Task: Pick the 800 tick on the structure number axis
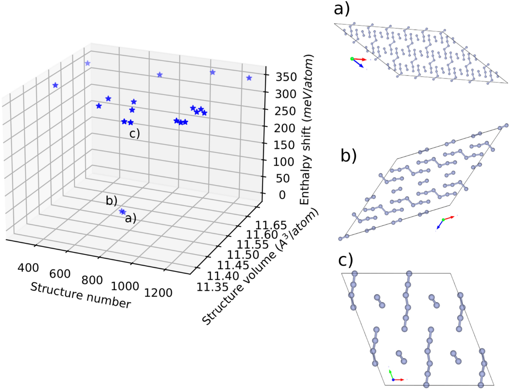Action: click(92, 280)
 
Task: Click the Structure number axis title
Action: click(79, 295)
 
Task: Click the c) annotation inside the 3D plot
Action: click(135, 134)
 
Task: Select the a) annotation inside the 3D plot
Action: click(130, 219)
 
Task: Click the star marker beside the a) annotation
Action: click(122, 212)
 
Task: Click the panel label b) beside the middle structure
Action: click(348, 156)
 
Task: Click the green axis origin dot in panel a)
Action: click(351, 59)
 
